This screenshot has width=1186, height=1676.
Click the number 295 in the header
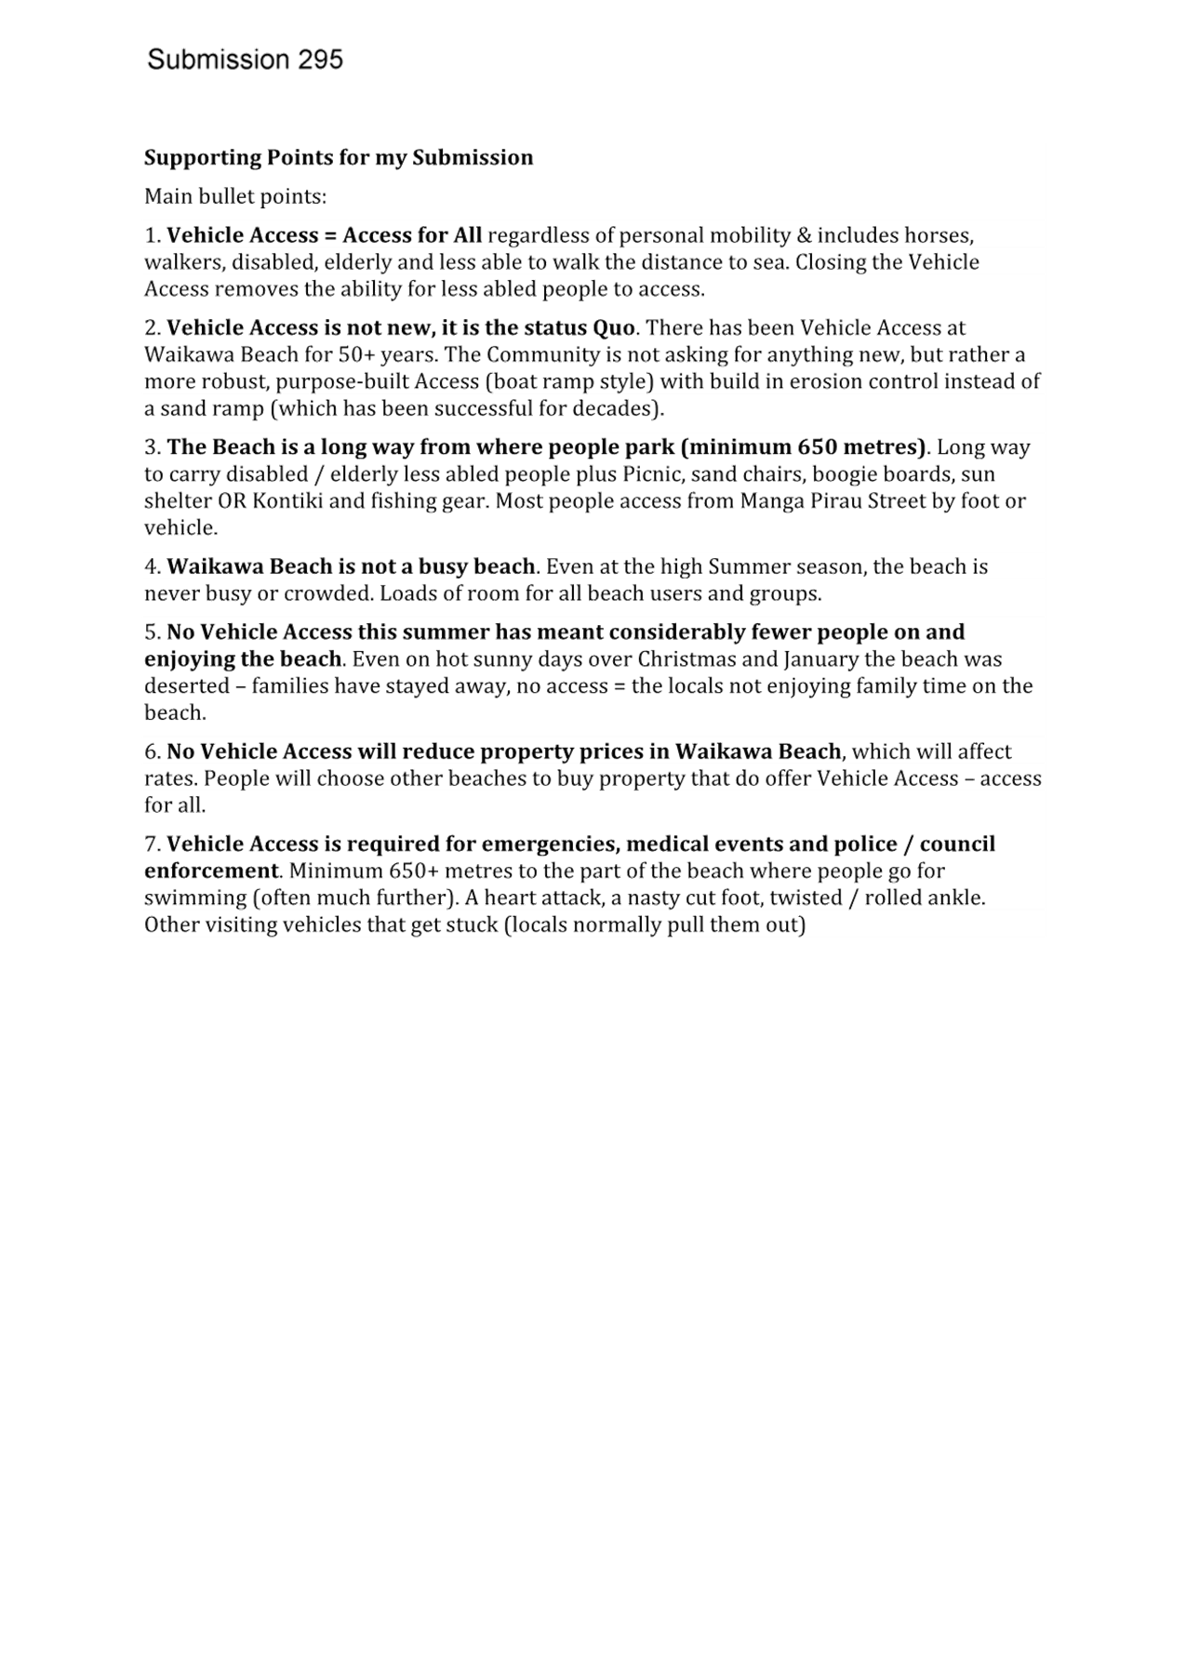[x=320, y=60]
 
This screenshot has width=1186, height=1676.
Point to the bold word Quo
[x=614, y=328]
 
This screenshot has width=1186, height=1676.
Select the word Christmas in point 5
[x=687, y=659]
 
